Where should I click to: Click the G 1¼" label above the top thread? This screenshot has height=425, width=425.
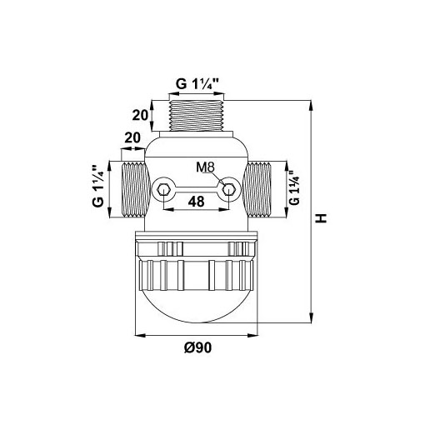point(197,83)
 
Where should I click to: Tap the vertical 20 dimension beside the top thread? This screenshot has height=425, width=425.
point(140,115)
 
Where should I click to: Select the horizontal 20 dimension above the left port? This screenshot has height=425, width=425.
point(132,137)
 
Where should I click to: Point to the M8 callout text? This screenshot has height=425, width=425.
point(206,167)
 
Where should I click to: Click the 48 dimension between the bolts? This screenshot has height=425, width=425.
point(196,202)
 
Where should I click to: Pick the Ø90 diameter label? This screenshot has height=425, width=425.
point(197,347)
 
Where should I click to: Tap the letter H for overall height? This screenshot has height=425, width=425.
point(322,218)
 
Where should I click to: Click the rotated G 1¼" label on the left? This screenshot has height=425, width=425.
point(98,186)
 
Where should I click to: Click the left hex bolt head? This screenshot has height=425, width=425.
point(162,190)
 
